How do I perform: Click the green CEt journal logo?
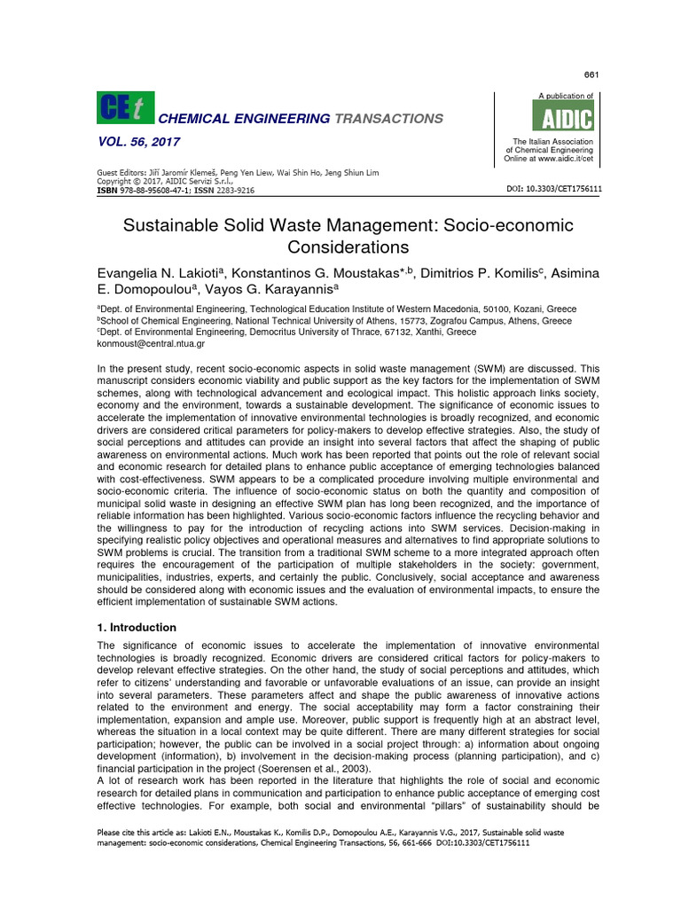coord(125,108)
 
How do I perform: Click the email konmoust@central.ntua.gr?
coord(151,343)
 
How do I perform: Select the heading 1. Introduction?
coord(137,628)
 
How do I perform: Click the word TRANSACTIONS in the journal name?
coord(388,119)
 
